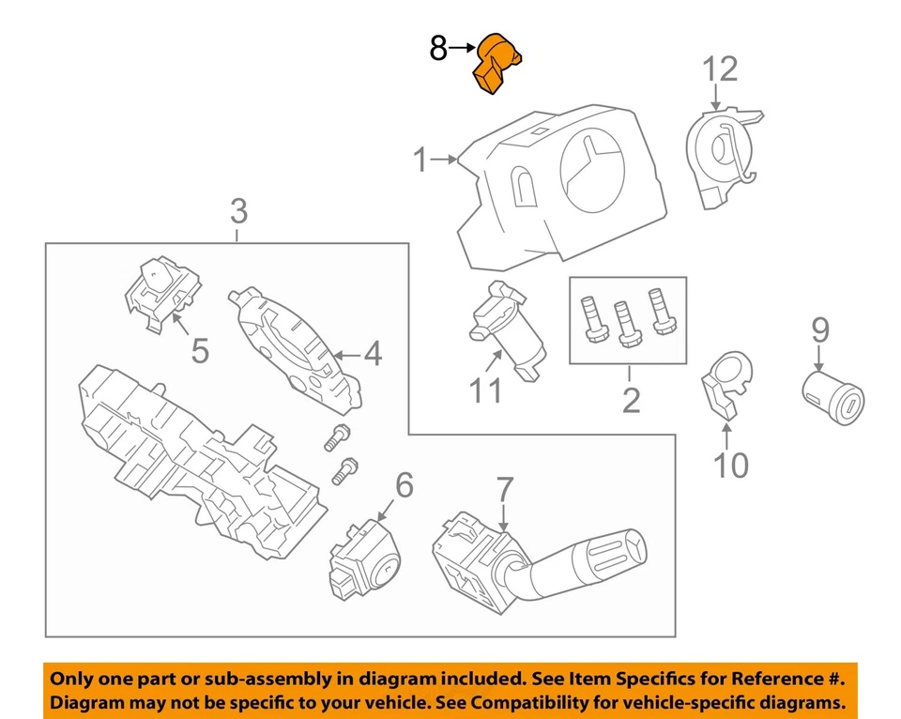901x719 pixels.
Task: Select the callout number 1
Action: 422,162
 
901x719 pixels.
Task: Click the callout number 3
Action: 238,212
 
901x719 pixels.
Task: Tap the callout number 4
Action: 373,355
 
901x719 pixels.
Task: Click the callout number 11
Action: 485,390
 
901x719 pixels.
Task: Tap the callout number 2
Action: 631,401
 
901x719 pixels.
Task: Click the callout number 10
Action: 731,464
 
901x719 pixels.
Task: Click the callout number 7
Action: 504,489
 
